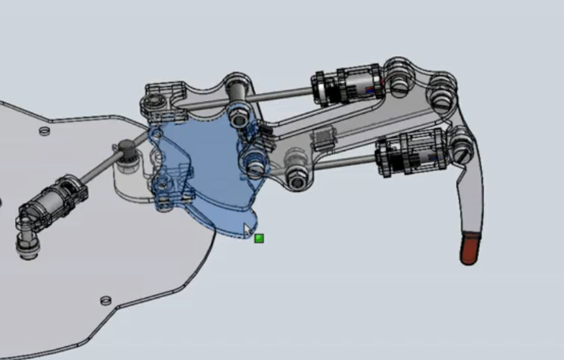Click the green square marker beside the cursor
tap(259, 239)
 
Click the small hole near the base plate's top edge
tap(44, 131)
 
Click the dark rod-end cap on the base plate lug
tap(125, 149)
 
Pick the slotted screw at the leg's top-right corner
tap(440, 98)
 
